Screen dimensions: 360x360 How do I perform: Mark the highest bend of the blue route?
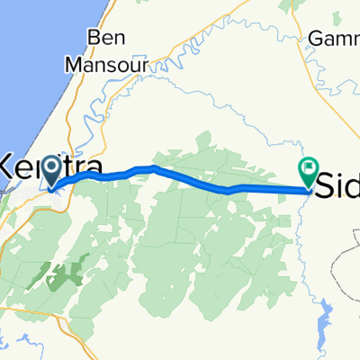click(x=155, y=167)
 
